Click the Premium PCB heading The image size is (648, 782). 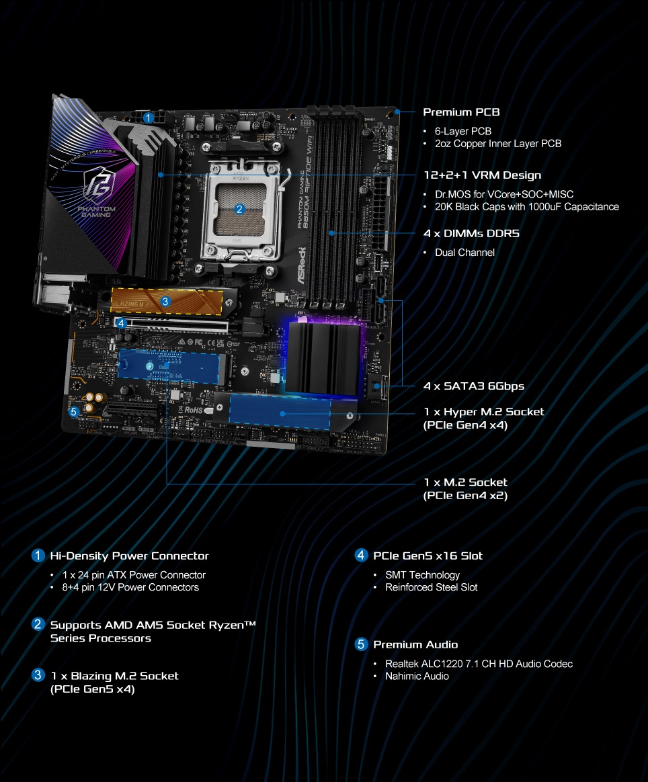pos(461,112)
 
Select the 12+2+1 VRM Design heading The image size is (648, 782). pos(482,175)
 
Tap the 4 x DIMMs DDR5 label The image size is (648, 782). pos(471,234)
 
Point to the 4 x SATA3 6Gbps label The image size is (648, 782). pos(473,386)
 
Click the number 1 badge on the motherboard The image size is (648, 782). pos(148,117)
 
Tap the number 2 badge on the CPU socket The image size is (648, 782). pos(239,209)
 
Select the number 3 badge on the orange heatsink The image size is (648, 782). pos(165,302)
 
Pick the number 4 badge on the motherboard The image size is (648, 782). pos(121,323)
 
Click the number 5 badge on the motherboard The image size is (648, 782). pos(74,411)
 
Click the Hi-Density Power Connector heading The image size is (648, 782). pos(129,556)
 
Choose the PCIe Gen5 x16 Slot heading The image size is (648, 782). pos(428,556)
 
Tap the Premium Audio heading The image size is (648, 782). pos(415,645)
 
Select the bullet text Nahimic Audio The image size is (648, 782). pos(417,676)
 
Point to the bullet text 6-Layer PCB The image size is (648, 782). pos(463,131)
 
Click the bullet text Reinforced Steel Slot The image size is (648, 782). pos(431,587)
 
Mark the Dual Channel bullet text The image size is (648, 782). pos(464,253)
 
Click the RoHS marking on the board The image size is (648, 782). pos(193,409)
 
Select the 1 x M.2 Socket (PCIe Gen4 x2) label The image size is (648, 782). pos(465,489)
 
